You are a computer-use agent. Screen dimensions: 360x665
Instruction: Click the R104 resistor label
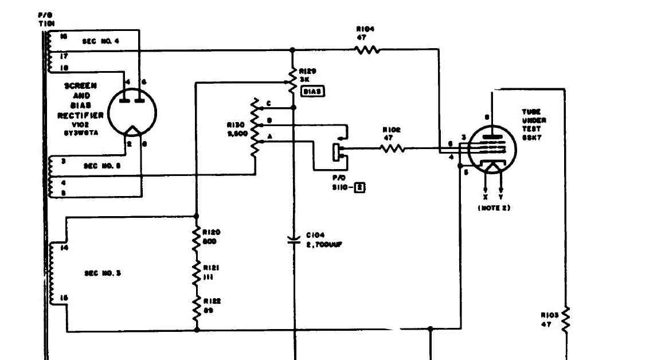(x=365, y=33)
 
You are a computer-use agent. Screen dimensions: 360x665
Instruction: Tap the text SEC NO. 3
(x=103, y=273)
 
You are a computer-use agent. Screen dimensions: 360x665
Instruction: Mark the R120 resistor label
(x=211, y=236)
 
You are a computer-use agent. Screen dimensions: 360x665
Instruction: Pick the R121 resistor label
(x=211, y=272)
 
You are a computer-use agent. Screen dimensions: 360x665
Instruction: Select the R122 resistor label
(x=211, y=305)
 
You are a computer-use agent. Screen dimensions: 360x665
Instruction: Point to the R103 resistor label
(x=549, y=320)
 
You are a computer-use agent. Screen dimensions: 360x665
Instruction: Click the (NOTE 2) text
(x=494, y=208)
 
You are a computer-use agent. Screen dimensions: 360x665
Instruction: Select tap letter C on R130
(x=268, y=103)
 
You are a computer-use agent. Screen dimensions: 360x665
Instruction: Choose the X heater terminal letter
(x=486, y=197)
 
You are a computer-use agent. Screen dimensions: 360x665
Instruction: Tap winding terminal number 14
(x=64, y=248)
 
